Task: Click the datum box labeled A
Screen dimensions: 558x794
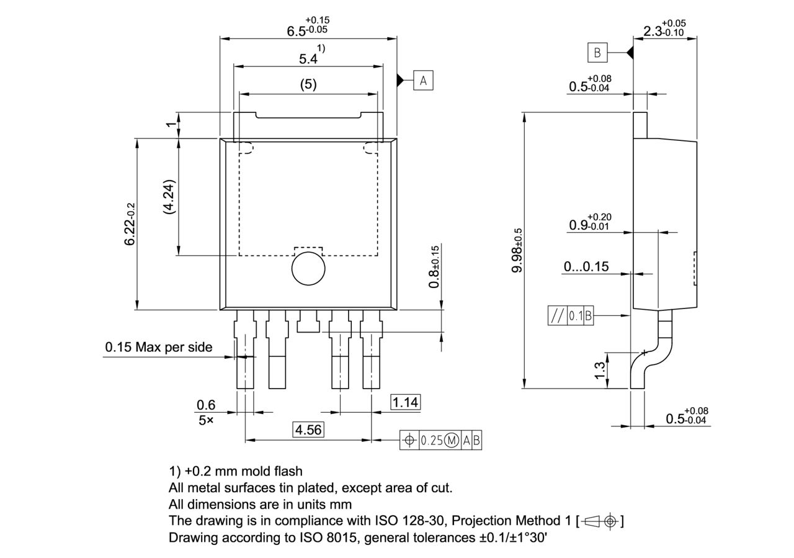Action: (424, 80)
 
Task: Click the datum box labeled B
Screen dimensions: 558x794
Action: (597, 53)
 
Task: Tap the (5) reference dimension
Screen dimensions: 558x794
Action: (308, 84)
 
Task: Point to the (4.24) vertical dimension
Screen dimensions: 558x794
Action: (169, 197)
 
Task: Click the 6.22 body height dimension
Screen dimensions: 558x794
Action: (130, 223)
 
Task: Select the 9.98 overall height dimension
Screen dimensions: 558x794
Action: (517, 250)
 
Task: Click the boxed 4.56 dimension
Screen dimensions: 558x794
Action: (308, 430)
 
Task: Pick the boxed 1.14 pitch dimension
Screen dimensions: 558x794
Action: (405, 402)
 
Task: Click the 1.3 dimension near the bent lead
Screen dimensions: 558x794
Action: (600, 371)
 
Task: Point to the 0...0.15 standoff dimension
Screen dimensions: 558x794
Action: (586, 267)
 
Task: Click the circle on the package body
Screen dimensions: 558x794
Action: (308, 269)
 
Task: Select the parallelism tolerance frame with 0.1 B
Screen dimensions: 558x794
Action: (571, 316)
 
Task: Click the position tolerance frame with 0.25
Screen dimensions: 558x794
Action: (440, 440)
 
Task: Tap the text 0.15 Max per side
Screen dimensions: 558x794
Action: (158, 347)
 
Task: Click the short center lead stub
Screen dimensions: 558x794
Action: (308, 322)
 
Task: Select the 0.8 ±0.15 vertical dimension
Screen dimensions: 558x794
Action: (434, 266)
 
